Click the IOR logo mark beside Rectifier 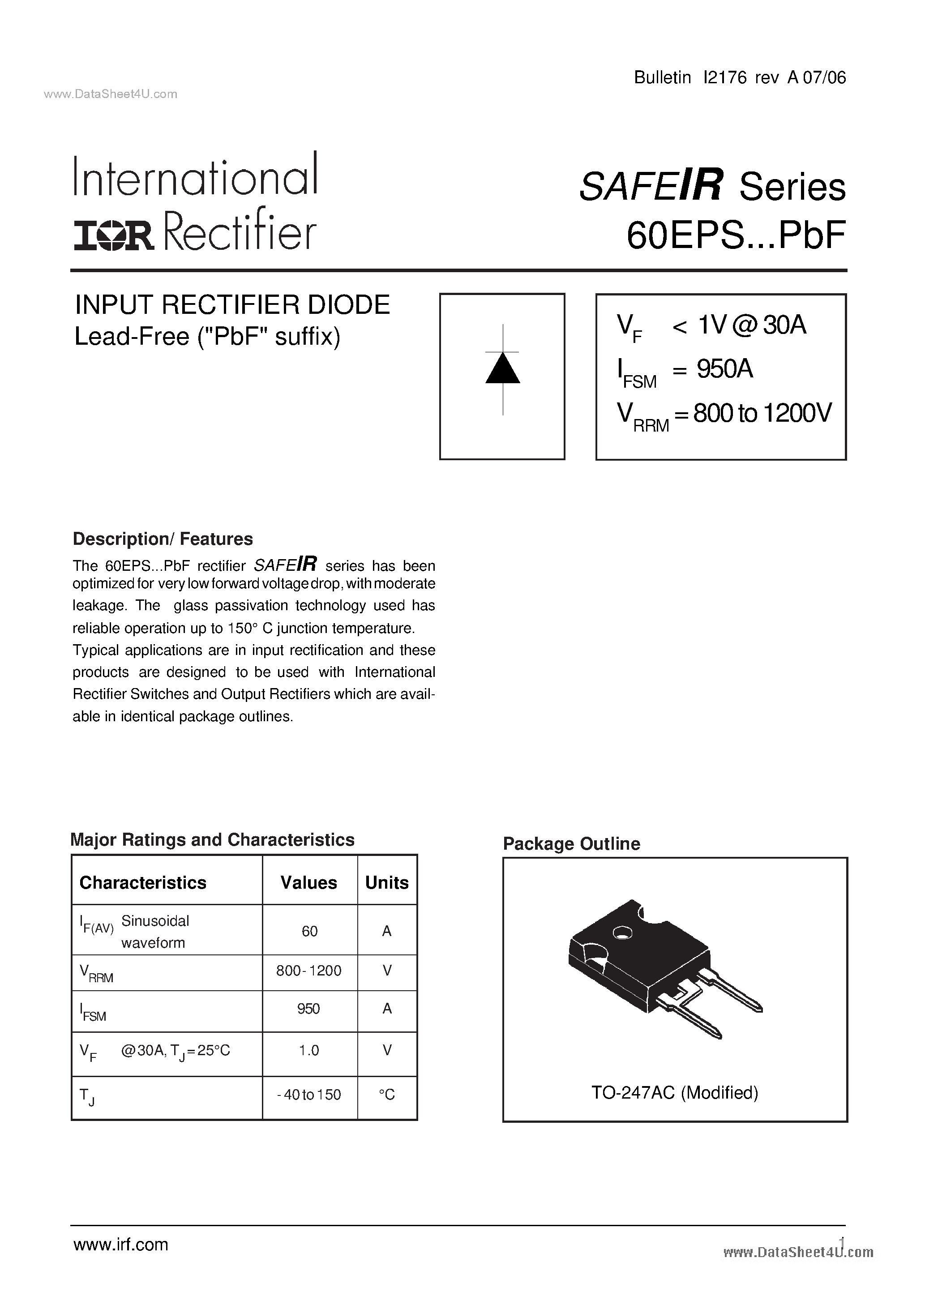pos(113,236)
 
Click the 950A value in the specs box pos(725,369)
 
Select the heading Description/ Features pos(163,539)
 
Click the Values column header pos(308,882)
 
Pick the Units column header pos(387,882)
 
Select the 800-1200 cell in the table pos(308,971)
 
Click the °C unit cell pos(387,1095)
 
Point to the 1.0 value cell pos(309,1050)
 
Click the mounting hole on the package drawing pos(622,933)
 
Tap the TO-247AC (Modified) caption pos(675,1092)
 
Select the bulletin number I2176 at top pos(725,77)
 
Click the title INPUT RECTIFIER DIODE pos(233,305)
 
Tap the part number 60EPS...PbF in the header pos(736,235)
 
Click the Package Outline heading pos(571,844)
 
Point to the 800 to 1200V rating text pos(762,413)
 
